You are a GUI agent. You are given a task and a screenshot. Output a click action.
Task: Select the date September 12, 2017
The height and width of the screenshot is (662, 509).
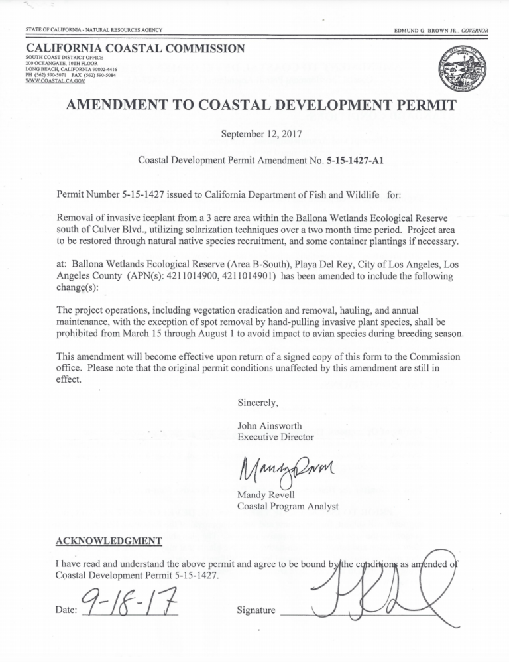coord(254,133)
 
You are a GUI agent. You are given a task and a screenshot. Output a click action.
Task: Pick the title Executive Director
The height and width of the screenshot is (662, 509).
coord(276,437)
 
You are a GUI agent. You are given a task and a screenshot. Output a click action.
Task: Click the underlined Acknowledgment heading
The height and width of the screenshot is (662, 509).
coord(109,541)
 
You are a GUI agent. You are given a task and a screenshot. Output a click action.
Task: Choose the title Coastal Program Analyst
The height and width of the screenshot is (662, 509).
coord(288,507)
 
